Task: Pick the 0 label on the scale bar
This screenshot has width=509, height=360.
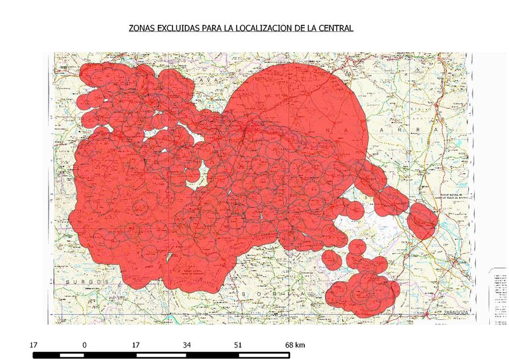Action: [x=84, y=345]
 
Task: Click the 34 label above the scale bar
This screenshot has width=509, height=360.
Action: [x=187, y=345]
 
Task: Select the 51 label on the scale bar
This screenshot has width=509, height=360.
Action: [x=239, y=345]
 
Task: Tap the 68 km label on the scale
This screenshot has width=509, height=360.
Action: [x=295, y=345]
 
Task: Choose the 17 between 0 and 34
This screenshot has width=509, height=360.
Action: [x=136, y=345]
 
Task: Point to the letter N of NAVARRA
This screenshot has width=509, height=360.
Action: [x=329, y=131]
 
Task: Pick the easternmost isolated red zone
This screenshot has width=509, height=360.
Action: [x=422, y=219]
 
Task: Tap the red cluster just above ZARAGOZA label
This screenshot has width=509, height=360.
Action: [x=363, y=292]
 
